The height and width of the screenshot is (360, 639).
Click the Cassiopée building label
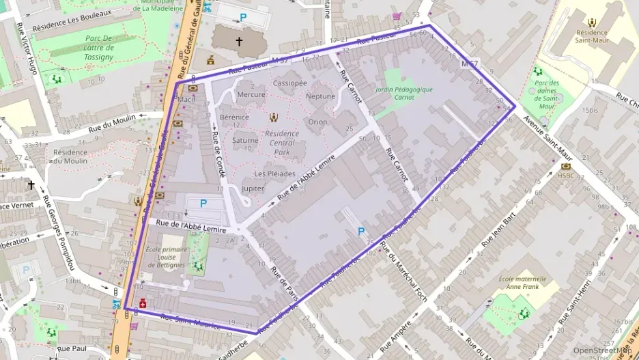[289, 83]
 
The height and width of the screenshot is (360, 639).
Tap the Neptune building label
[320, 96]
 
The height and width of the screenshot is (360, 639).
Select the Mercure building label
[251, 94]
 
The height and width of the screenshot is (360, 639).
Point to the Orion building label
[317, 122]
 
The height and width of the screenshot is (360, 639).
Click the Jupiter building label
[253, 188]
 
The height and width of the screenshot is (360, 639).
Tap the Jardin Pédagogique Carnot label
[404, 93]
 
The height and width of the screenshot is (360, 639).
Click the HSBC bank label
[565, 176]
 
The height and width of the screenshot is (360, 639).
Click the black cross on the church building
[239, 42]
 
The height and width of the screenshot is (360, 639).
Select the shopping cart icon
[397, 16]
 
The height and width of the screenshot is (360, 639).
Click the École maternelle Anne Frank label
[522, 283]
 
